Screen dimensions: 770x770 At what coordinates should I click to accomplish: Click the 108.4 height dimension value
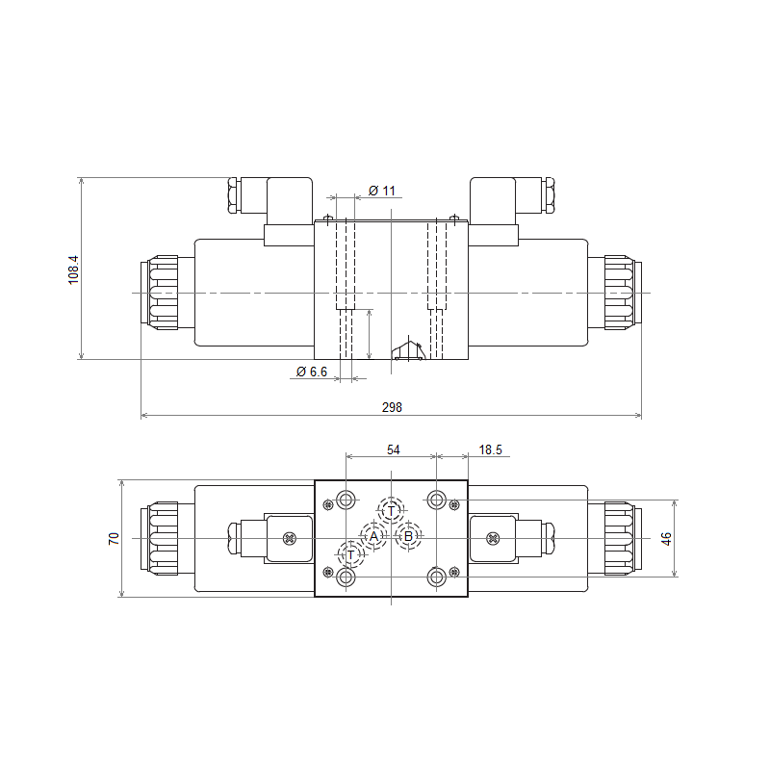[x=73, y=269]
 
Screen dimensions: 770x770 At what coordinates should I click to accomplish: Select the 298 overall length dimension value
[x=392, y=407]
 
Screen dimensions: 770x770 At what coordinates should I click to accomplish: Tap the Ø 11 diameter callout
[x=381, y=191]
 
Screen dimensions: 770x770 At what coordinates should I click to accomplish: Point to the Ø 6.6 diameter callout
[x=312, y=372]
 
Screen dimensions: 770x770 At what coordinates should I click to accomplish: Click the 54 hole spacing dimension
[x=394, y=449]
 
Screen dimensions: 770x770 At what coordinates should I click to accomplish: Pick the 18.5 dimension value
[x=491, y=449]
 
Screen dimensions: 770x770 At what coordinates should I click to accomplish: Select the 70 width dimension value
[x=114, y=538]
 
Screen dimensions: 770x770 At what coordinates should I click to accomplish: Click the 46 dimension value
[x=666, y=538]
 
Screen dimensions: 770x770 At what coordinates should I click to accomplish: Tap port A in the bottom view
[x=373, y=536]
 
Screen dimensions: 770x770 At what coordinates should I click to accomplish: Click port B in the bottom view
[x=408, y=536]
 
